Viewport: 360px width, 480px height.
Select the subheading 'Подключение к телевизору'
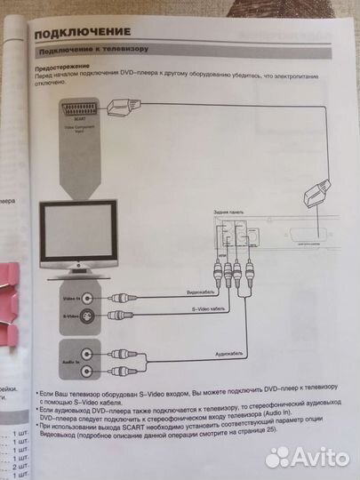(92, 48)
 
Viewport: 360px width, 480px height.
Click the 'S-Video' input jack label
(71, 316)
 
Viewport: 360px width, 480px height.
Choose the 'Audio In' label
(72, 362)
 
